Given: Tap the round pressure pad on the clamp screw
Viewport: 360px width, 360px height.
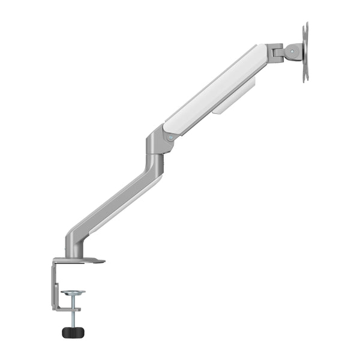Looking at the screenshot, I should tap(73, 293).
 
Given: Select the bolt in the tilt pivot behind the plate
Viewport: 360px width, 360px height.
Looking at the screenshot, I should tap(293, 52).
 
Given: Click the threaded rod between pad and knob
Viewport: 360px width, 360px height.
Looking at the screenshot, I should tap(73, 312).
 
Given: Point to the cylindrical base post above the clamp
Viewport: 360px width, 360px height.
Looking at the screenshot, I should tap(71, 243).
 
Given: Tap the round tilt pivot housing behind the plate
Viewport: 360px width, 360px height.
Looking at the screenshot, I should tap(294, 52).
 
